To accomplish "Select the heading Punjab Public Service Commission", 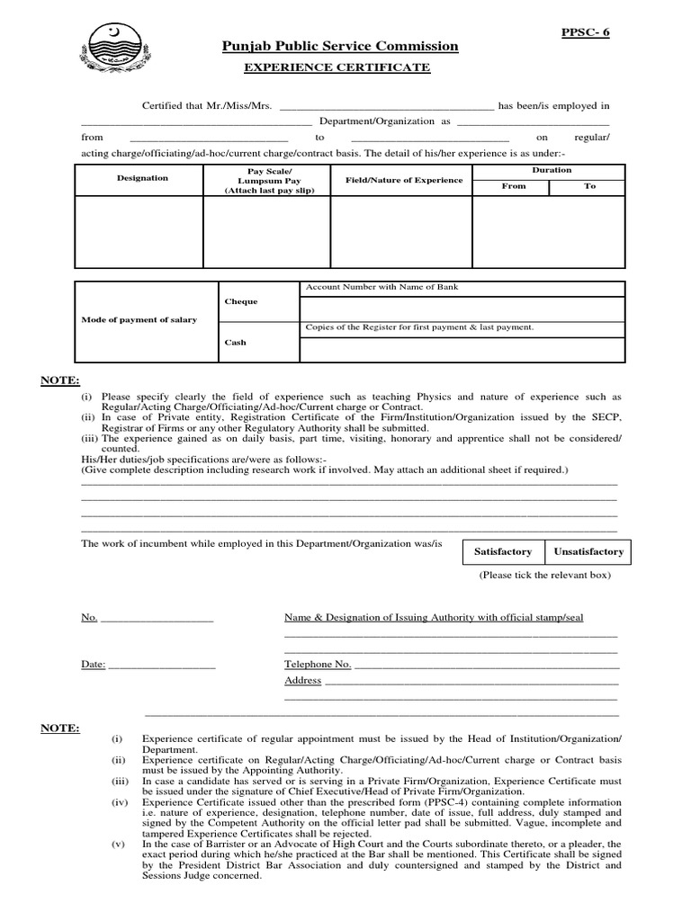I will click(x=340, y=47).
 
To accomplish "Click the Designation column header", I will click(x=142, y=178).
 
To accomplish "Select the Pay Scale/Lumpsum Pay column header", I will click(x=269, y=181).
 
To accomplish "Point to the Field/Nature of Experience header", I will click(x=404, y=180).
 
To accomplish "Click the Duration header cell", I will click(x=551, y=170).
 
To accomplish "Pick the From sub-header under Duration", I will click(x=513, y=186).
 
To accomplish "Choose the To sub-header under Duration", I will click(x=589, y=186).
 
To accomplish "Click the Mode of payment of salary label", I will click(x=139, y=320).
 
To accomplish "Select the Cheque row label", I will click(x=241, y=301).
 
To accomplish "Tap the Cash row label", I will click(x=235, y=343).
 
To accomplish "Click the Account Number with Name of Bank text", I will click(x=382, y=287).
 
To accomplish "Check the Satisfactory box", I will click(x=503, y=551).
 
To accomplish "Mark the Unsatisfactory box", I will click(x=588, y=551).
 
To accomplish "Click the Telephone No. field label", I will click(x=318, y=664).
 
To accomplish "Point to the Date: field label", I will click(x=94, y=664).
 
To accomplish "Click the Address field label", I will click(x=302, y=680).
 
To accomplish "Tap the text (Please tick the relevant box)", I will click(x=544, y=575).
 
